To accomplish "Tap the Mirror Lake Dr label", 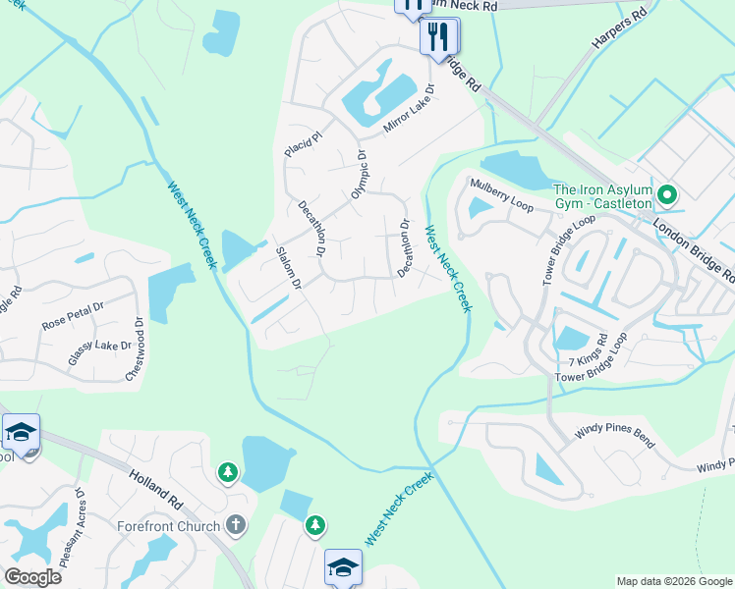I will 409,109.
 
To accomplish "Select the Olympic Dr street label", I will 359,176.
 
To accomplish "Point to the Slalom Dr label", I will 289,268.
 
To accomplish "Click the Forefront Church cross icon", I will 235,524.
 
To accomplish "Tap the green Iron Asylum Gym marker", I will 667,195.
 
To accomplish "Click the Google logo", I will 32,577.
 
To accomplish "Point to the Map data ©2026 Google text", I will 674,581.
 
